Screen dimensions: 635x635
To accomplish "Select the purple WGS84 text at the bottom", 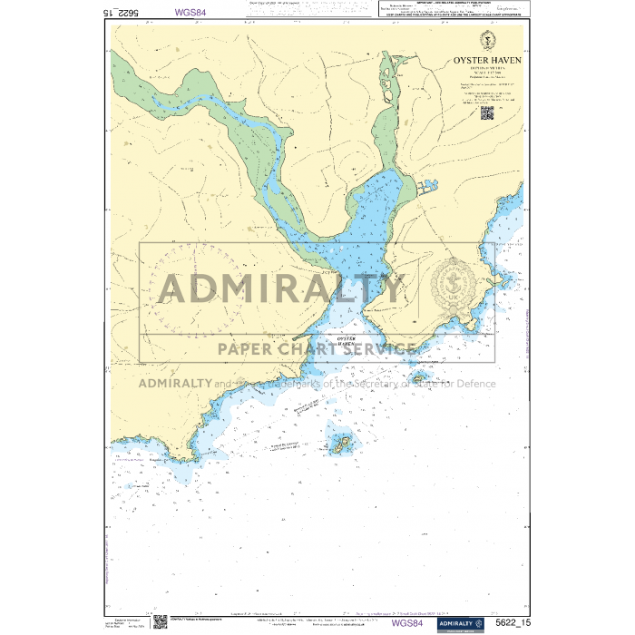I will [x=406, y=623].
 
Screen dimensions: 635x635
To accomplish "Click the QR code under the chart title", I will [x=487, y=112].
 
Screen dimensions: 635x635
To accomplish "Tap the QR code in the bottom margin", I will [x=160, y=621].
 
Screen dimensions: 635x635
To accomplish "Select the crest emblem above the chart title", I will [x=487, y=40].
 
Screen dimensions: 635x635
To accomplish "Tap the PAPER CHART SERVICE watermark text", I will [x=315, y=347].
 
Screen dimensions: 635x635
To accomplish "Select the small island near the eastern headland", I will [x=419, y=377].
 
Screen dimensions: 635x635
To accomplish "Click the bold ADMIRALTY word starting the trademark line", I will [x=175, y=383].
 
